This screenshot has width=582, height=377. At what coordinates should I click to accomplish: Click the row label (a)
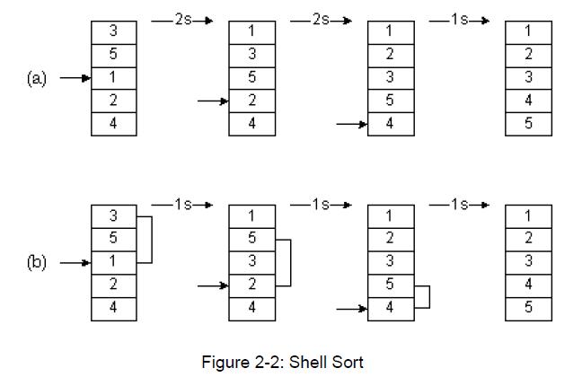point(37,78)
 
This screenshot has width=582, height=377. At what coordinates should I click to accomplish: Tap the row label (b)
point(37,263)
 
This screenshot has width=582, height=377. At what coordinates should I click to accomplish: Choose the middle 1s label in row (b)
point(321,205)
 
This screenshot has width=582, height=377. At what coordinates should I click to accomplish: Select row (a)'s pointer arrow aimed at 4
point(351,124)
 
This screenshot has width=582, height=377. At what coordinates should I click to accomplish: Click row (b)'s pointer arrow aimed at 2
point(213,285)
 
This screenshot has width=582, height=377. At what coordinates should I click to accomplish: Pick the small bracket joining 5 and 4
point(424,297)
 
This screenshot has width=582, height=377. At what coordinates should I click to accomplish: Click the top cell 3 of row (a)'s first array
point(113,31)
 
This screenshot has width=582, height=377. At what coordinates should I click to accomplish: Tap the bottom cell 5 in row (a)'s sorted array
point(528,124)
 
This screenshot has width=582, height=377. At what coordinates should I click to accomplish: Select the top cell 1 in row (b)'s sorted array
point(528,216)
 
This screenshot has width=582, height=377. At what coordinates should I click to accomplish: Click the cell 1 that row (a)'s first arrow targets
point(113,78)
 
